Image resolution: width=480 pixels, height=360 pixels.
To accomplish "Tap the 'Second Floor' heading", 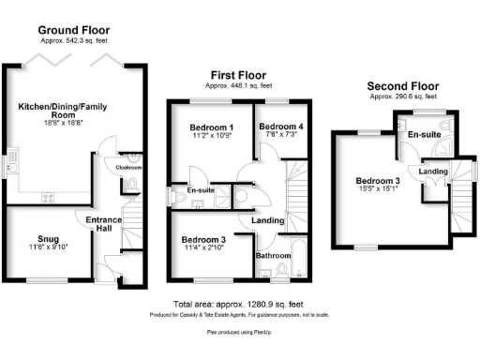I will (x=402, y=84).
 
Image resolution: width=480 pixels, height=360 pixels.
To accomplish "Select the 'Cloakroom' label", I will (x=127, y=170).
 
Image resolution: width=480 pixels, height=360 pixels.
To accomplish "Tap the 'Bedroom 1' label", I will (x=211, y=127).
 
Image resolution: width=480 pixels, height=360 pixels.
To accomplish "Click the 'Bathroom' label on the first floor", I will (x=273, y=254).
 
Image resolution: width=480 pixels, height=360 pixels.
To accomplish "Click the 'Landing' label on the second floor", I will (x=433, y=172).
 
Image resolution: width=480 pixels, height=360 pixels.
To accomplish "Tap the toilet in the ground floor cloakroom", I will (x=133, y=181).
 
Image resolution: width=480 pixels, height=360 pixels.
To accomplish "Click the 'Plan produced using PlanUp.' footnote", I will (x=239, y=331).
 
